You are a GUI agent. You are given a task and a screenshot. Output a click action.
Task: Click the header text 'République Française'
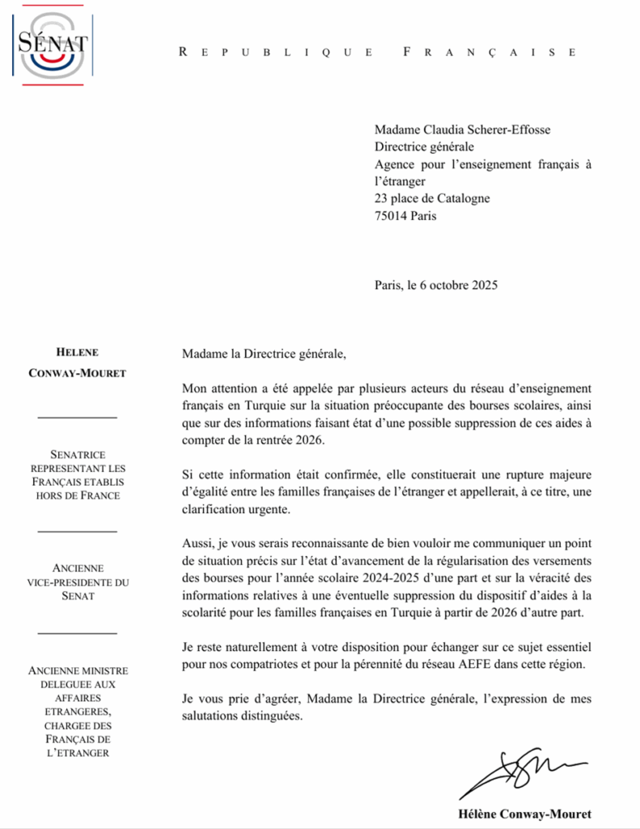point(377,52)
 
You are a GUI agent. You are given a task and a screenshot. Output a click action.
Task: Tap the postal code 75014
point(391,216)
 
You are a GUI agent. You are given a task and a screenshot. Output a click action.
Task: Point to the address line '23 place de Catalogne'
point(431,198)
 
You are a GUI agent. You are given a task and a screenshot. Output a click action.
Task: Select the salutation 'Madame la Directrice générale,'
point(264,354)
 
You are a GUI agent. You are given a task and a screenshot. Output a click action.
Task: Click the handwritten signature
point(526,773)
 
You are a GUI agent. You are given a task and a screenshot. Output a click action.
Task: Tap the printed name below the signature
point(525,814)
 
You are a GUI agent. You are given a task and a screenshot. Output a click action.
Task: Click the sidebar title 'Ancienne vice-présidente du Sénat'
point(78,582)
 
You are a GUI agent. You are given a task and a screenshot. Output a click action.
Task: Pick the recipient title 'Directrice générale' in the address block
point(424,147)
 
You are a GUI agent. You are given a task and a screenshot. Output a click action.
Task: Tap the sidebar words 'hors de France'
point(78,495)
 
